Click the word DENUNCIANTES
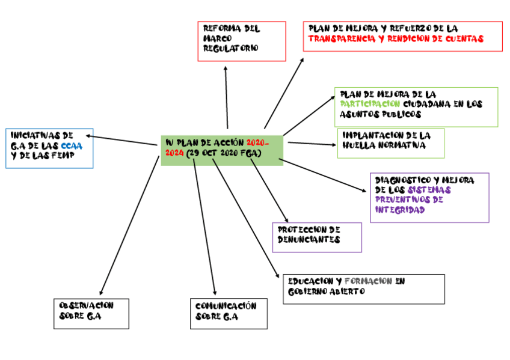[x=309, y=239]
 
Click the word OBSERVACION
[x=86, y=305]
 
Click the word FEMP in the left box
[x=61, y=157]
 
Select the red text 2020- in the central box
[x=258, y=143]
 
